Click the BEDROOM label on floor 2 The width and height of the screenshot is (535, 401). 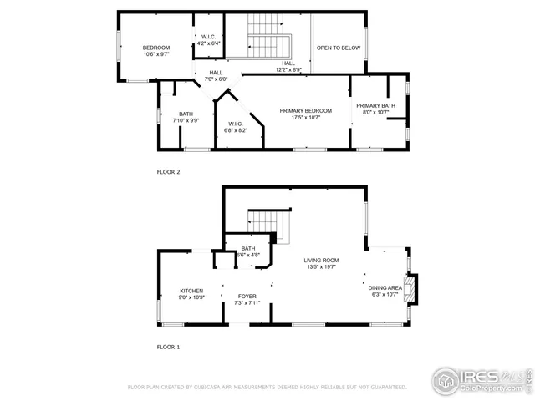(155, 48)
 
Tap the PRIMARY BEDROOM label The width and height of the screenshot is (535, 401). (305, 111)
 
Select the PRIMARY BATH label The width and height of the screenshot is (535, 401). (375, 105)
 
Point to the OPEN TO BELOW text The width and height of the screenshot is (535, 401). (338, 48)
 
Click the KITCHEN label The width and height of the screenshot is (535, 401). (191, 291)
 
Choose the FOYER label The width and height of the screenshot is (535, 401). (247, 297)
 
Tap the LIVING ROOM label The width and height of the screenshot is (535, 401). (320, 261)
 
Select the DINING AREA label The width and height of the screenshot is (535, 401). (386, 287)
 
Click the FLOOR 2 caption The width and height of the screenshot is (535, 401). (168, 172)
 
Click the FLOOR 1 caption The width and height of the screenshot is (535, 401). (168, 346)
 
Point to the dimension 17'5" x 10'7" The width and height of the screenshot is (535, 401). (305, 118)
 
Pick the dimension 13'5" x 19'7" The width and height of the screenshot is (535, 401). (320, 268)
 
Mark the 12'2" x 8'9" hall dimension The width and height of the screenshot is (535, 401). (288, 69)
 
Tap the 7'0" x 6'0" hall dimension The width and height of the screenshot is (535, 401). (216, 79)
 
